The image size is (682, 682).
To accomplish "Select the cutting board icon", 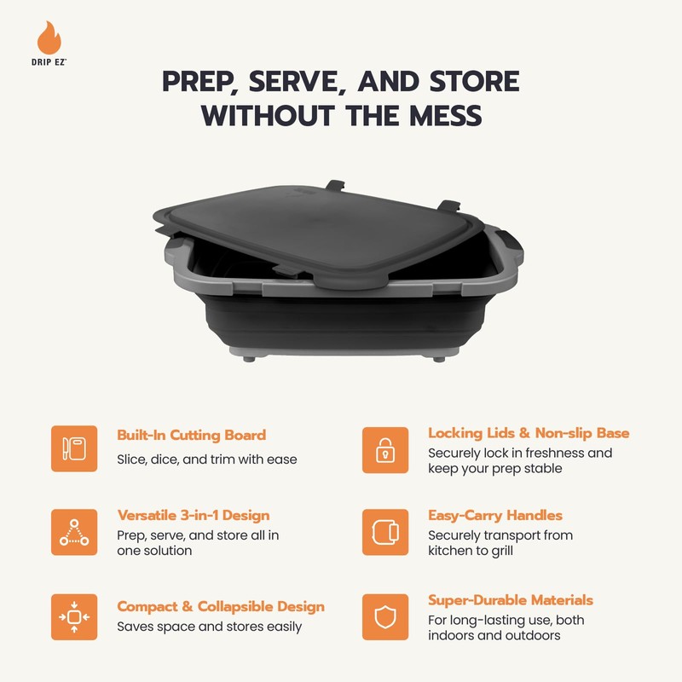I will [74, 448].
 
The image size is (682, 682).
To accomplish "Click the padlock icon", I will [385, 448].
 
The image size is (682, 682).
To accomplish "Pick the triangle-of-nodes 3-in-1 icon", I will [74, 532].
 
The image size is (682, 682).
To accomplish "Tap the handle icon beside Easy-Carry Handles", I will [385, 532].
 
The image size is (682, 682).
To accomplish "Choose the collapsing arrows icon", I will [74, 616].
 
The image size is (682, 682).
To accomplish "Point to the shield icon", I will [385, 616].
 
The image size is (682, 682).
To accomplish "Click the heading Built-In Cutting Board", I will [191, 435].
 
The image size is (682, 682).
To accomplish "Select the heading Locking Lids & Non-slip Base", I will [529, 434].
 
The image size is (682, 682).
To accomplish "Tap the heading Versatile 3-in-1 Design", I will [193, 516].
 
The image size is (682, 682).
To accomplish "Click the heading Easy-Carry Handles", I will [495, 516].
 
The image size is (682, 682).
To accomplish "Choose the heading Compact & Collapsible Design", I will [220, 607].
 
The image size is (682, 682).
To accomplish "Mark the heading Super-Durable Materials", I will [511, 600].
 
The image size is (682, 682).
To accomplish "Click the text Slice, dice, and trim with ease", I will [206, 459].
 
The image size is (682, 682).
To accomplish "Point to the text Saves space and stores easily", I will [209, 627].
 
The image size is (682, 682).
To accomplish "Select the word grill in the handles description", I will [524, 551].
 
